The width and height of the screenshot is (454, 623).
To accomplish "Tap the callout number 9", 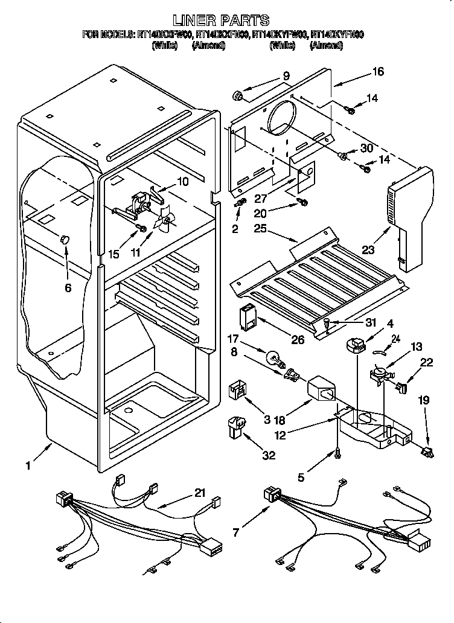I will [286, 76].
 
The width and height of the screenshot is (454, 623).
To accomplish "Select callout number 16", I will [377, 72].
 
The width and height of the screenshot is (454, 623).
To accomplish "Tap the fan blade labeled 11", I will [165, 220].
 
